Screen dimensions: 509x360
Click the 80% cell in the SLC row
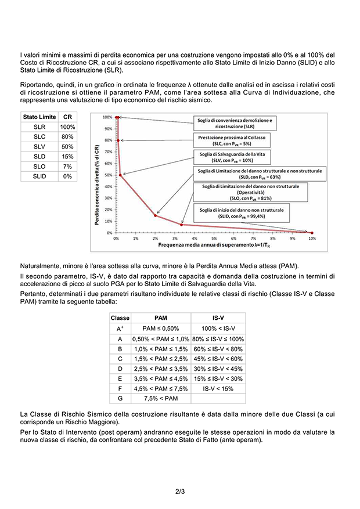tap(67, 136)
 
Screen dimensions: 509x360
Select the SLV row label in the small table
tap(39, 146)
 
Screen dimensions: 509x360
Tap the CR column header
tap(67, 117)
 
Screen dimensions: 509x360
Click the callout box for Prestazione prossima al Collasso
tap(234, 140)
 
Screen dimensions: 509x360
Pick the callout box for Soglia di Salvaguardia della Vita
tap(234, 157)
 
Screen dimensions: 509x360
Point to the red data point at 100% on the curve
tap(117, 117)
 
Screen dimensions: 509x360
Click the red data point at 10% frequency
tap(312, 232)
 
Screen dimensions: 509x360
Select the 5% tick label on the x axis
tap(214, 239)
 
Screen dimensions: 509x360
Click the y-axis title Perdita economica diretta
tap(96, 174)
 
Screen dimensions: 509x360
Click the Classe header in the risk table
tap(120, 318)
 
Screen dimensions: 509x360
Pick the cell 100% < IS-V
tap(218, 328)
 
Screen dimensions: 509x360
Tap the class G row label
tap(120, 398)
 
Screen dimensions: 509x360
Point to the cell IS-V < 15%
tap(218, 388)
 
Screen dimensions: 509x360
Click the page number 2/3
tap(179, 492)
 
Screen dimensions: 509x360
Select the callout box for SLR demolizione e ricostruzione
tap(234, 123)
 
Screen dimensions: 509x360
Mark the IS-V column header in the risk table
tap(218, 318)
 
